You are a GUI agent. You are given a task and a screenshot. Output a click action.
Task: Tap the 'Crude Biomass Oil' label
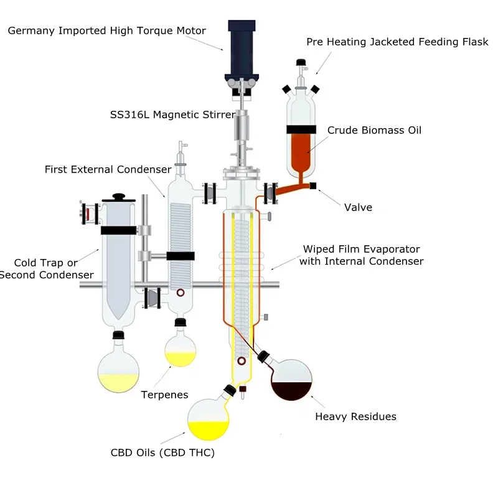click(374, 130)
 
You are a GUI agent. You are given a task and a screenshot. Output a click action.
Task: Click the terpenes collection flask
click(180, 350)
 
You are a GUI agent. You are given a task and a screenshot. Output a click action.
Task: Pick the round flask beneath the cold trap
click(118, 371)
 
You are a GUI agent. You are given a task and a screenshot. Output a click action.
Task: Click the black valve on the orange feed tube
click(312, 186)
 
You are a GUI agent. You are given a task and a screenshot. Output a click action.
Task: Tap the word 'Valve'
click(358, 207)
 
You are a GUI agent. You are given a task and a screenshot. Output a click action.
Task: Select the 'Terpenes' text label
click(164, 395)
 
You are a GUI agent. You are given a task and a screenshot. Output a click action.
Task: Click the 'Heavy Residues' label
click(355, 416)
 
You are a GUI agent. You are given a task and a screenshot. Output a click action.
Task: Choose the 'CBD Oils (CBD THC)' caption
click(162, 453)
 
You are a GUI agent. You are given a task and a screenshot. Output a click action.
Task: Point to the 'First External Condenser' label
click(108, 169)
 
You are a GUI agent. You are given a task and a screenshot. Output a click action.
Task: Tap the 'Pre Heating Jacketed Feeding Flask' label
click(397, 42)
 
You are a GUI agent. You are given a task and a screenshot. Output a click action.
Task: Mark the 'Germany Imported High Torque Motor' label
click(106, 31)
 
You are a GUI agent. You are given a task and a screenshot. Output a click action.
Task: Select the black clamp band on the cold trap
click(118, 230)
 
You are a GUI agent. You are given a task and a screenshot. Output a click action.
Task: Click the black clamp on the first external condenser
click(181, 256)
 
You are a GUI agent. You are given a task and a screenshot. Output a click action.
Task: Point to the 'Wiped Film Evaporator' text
click(361, 249)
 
